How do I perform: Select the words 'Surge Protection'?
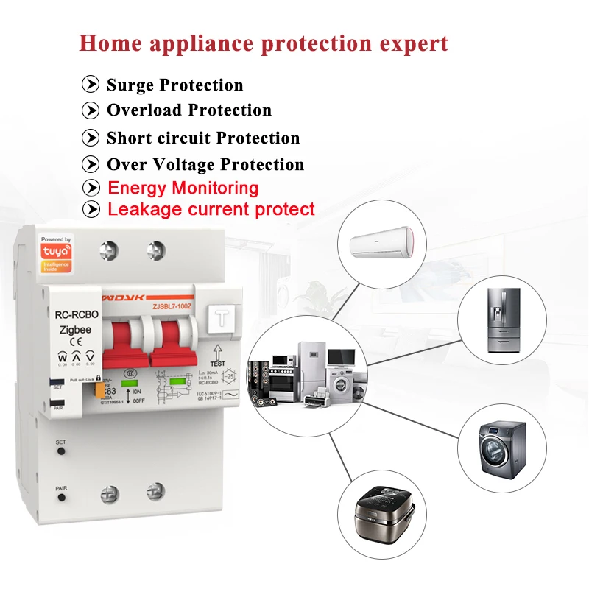(174, 85)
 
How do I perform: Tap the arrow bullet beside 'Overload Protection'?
(91, 110)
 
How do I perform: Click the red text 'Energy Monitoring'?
(183, 188)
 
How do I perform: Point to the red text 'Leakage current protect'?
(211, 209)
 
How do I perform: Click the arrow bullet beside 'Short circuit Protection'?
(91, 138)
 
